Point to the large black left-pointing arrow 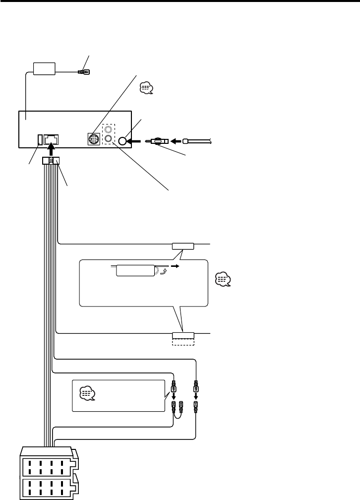point(135,141)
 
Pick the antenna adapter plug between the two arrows point(159,141)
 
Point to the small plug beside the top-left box point(83,72)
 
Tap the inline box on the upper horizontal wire point(183,246)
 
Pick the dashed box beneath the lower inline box point(183,342)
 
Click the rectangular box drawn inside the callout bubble point(135,271)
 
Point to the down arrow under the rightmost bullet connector point(196,396)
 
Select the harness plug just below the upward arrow point(52,161)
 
